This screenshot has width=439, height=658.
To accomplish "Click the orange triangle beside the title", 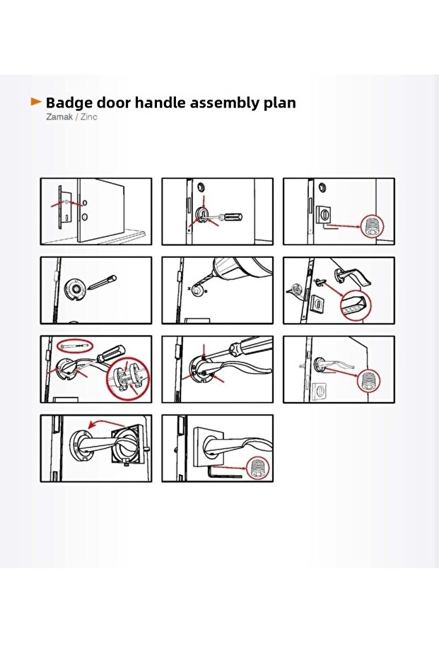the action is tap(36, 102).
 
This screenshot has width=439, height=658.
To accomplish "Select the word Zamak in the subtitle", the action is tap(59, 117).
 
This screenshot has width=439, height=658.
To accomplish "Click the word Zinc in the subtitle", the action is tap(88, 117).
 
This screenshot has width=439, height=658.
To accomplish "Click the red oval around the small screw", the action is tap(74, 346).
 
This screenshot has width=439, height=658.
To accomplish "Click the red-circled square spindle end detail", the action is tap(355, 305).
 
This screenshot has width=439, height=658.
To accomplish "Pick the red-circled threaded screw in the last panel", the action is tap(257, 469).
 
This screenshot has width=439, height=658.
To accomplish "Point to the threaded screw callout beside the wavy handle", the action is tap(368, 381).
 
